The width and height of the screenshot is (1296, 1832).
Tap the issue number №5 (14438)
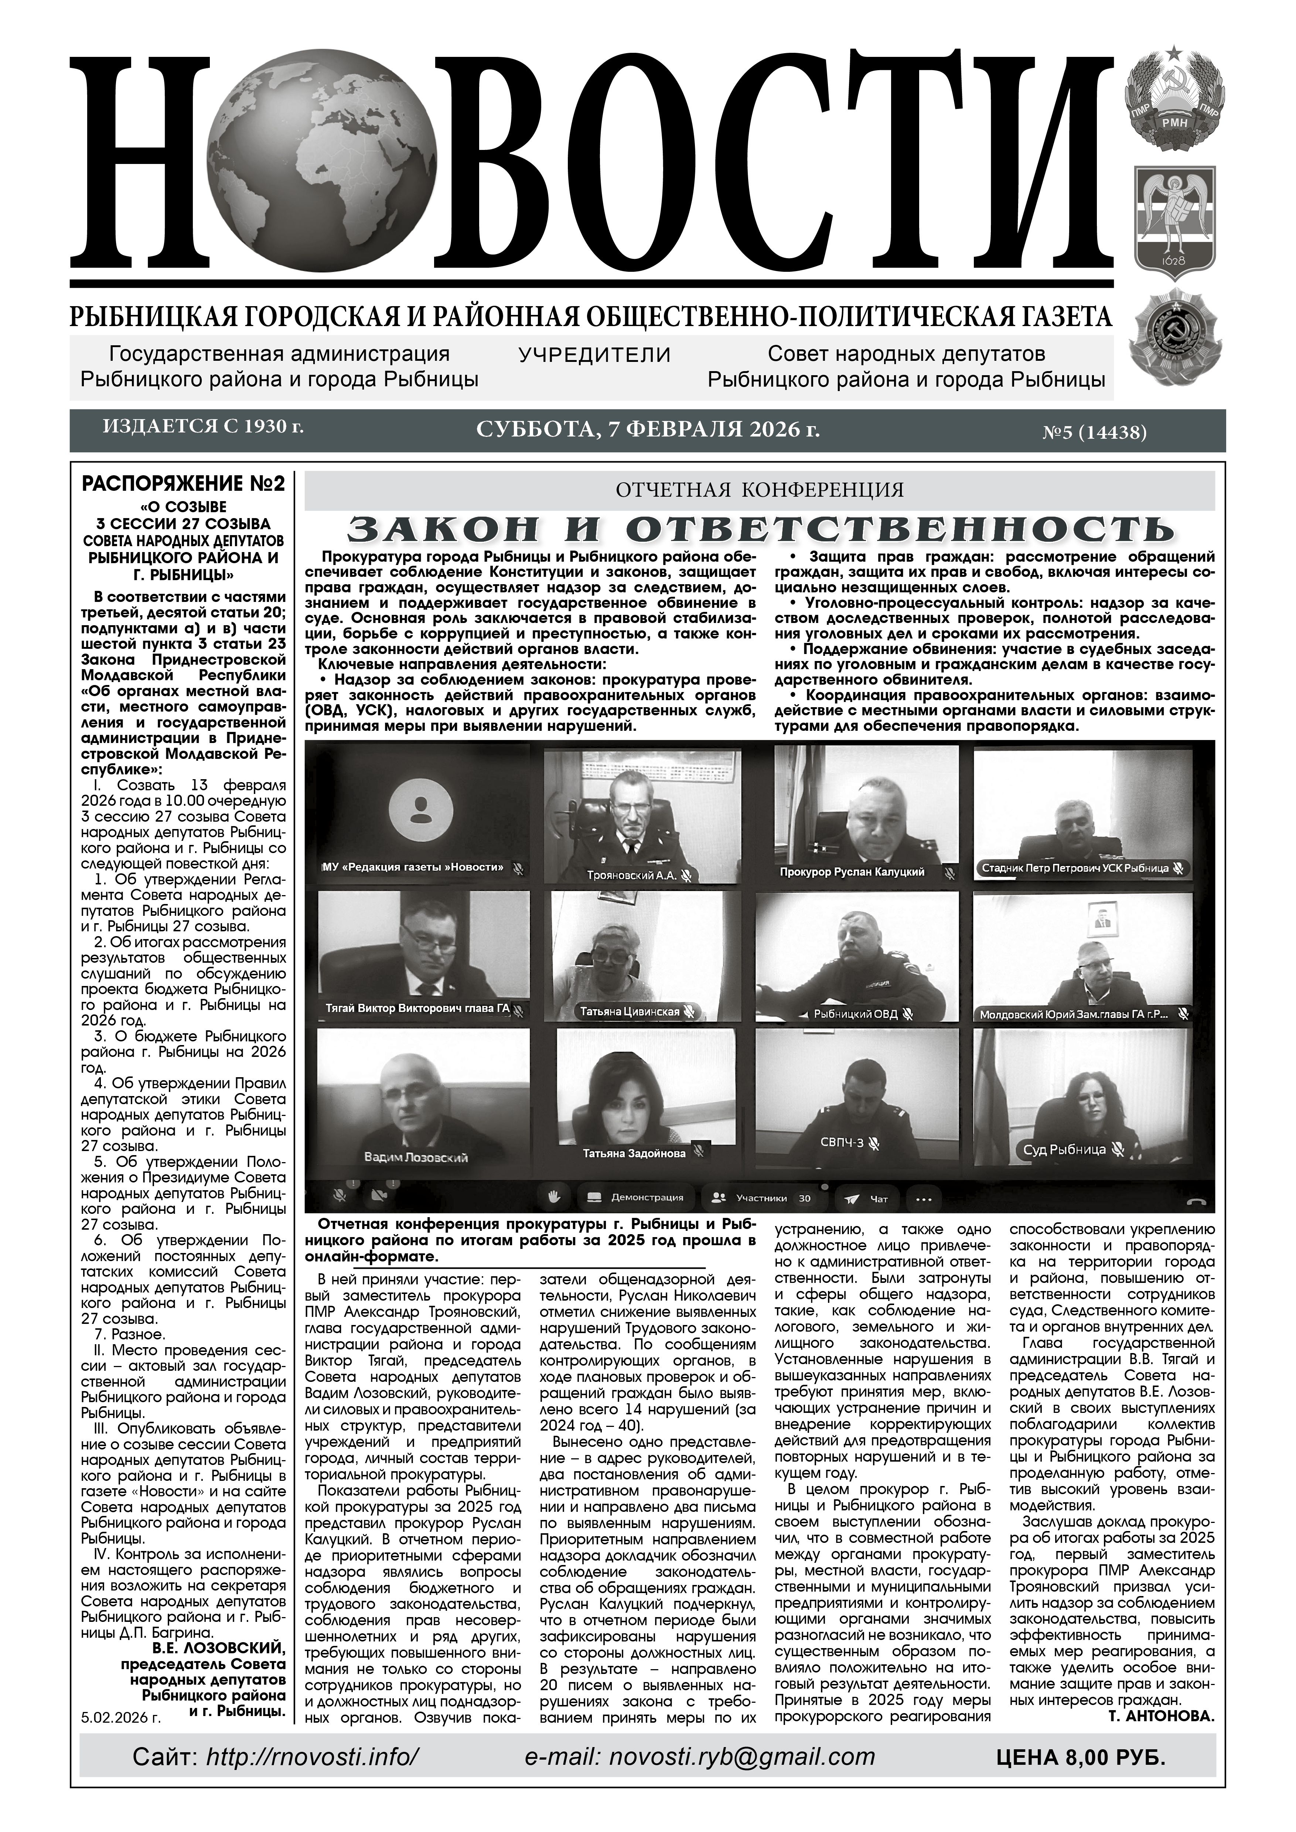coord(1093,433)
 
